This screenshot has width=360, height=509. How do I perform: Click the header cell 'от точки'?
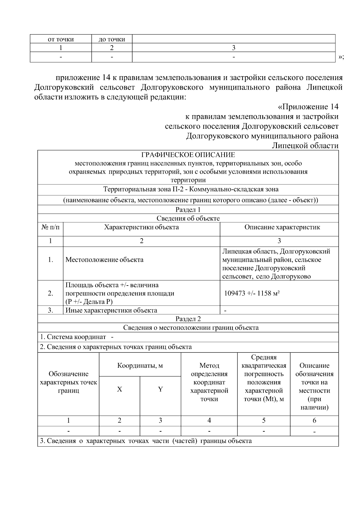(61, 39)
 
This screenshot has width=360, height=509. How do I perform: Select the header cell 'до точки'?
(112, 39)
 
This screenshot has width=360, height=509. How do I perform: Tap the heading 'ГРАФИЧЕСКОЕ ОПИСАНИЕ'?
(188, 155)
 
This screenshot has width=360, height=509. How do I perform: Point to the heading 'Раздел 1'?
(188, 210)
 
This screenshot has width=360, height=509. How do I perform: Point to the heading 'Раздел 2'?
(188, 319)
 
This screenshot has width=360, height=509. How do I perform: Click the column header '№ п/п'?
(50, 227)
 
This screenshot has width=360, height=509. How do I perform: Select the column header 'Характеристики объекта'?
(141, 227)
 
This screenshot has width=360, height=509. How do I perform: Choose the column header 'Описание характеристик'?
(282, 227)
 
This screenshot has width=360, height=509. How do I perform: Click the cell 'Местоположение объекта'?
(104, 260)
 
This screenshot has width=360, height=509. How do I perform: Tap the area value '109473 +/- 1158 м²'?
(252, 293)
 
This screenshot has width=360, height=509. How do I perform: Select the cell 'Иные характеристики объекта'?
(111, 310)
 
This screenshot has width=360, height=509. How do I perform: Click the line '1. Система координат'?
(73, 337)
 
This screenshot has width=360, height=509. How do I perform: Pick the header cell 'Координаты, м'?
(140, 366)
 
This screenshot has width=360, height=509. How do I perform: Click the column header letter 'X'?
(119, 389)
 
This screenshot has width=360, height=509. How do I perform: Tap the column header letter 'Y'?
(160, 389)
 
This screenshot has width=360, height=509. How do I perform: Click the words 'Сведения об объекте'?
(188, 218)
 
